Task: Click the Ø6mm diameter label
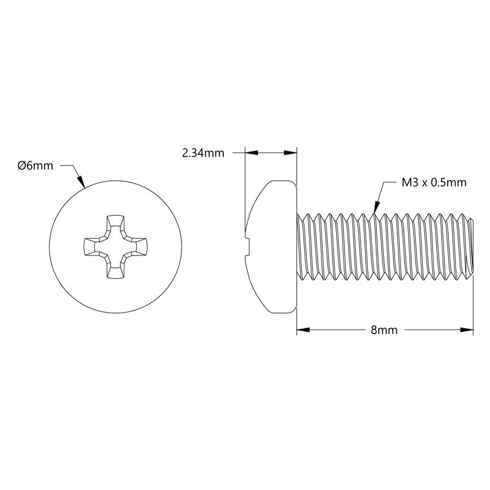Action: click(35, 166)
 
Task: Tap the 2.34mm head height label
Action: click(203, 153)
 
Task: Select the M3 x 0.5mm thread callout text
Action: click(433, 182)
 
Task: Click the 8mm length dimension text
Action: click(384, 330)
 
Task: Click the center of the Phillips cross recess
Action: click(115, 246)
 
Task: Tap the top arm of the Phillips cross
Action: click(115, 222)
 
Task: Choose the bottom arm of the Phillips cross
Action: click(115, 271)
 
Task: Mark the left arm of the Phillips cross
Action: click(90, 246)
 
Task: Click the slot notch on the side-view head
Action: click(247, 246)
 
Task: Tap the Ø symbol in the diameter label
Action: click(21, 166)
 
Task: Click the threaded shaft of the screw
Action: click(384, 246)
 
